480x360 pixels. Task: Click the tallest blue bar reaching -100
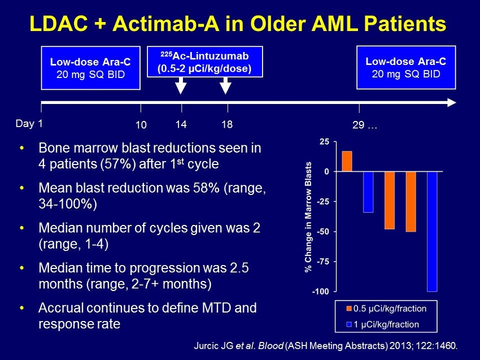(432, 231)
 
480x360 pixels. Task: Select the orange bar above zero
(347, 161)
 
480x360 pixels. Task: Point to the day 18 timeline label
(227, 124)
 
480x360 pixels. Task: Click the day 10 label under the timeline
(141, 125)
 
